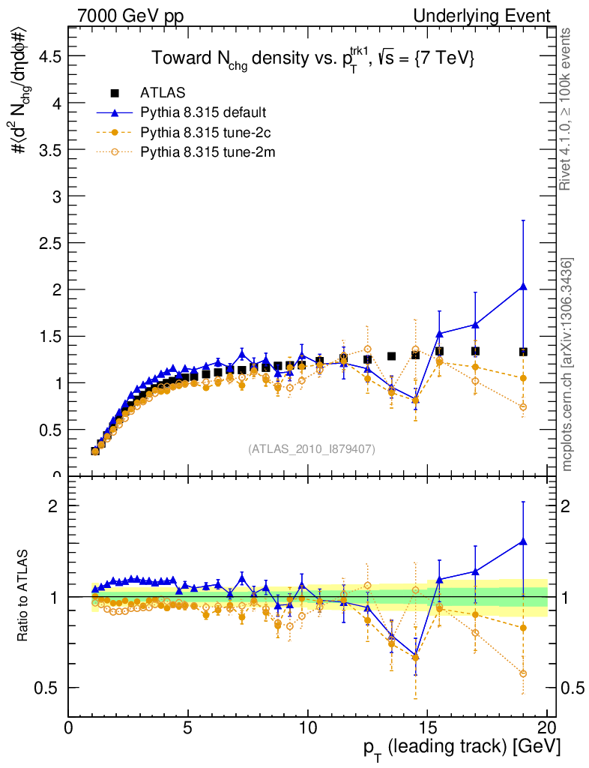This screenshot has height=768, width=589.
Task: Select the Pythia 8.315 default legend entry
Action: (202, 113)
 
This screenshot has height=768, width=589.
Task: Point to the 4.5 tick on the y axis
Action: (50, 56)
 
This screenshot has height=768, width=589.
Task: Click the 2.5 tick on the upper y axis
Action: (50, 243)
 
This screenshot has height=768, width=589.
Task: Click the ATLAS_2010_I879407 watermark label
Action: (312, 449)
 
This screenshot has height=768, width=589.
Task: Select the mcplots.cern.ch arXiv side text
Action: (567, 364)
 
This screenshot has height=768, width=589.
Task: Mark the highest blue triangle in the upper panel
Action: (523, 286)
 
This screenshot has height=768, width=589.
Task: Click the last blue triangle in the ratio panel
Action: (523, 541)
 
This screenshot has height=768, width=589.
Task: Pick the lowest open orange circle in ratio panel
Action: (523, 673)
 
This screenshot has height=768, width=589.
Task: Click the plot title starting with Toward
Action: (313, 59)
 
